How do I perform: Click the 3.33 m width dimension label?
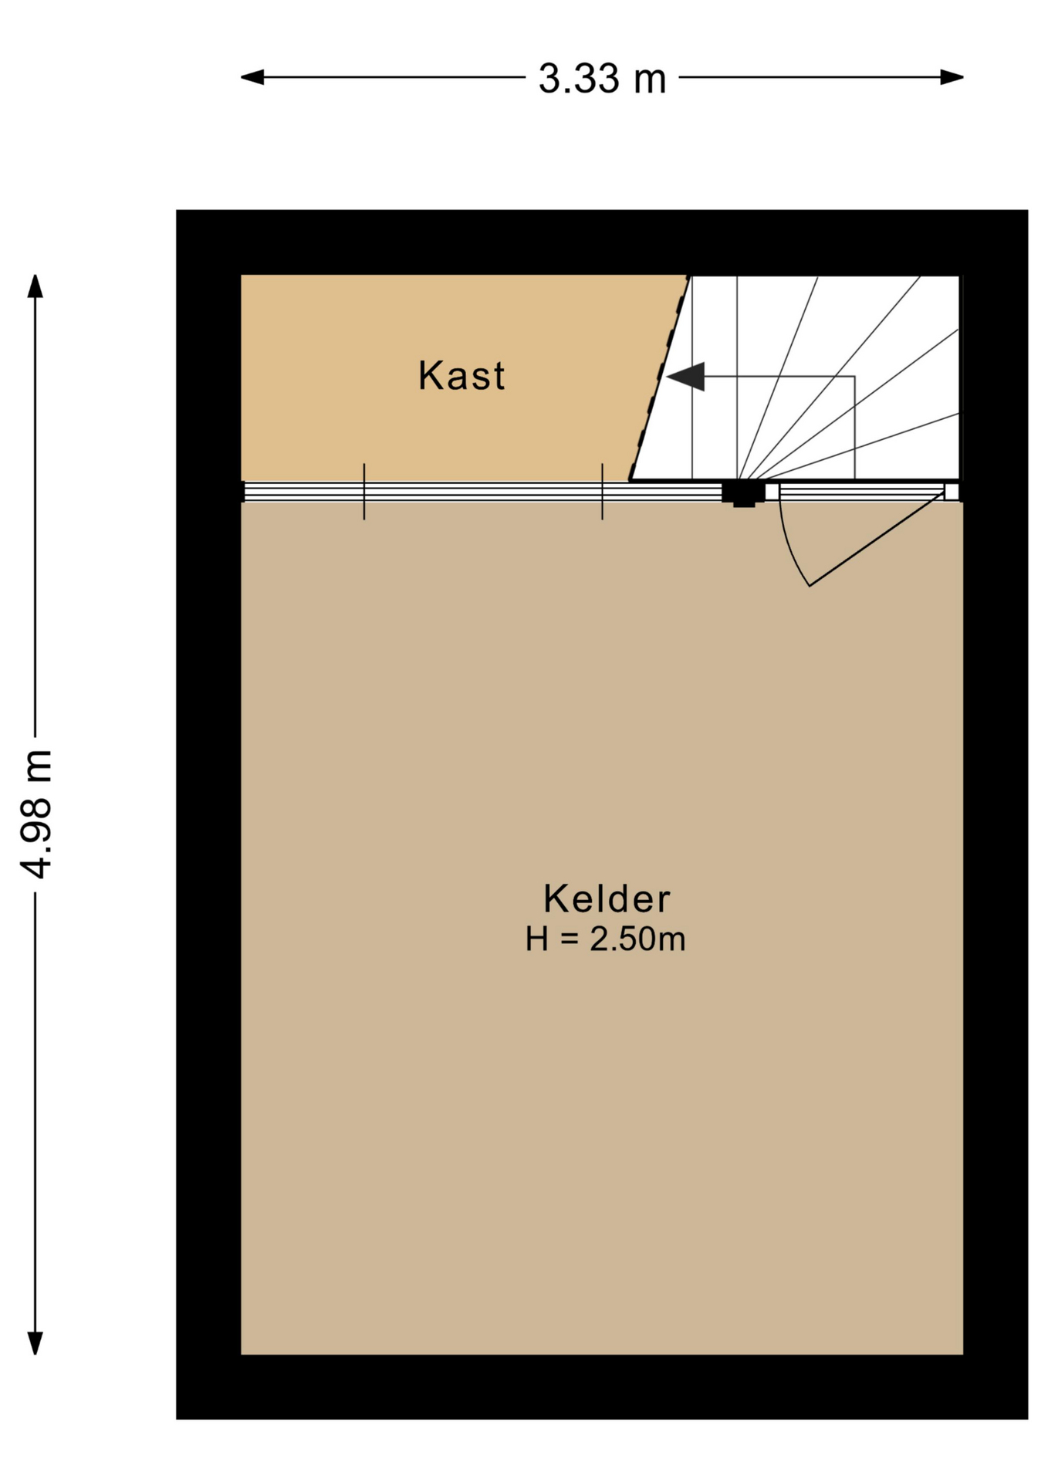click(x=602, y=79)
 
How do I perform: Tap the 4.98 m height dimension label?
click(x=36, y=814)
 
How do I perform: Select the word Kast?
click(x=461, y=376)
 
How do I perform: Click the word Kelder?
click(x=607, y=898)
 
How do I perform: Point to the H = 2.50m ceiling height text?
click(x=606, y=939)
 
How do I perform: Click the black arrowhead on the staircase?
click(x=686, y=377)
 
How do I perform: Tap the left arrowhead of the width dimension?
click(x=253, y=77)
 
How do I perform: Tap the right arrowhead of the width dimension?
click(x=952, y=77)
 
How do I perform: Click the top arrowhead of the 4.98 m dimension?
click(x=35, y=286)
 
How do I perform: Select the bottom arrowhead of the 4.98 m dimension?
click(x=35, y=1344)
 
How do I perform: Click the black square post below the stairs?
click(x=743, y=492)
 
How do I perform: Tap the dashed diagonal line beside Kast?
click(x=659, y=377)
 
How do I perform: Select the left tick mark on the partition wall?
click(x=364, y=492)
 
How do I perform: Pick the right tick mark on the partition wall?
click(x=603, y=492)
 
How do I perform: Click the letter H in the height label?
click(x=537, y=939)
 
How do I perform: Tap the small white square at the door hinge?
click(x=952, y=492)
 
